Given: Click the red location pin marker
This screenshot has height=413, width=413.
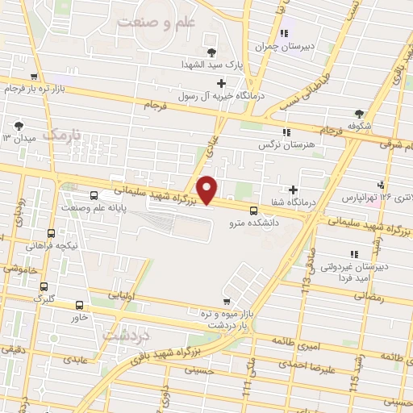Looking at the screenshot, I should tap(207, 190).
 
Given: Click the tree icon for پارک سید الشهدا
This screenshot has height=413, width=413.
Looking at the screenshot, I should tap(211, 52).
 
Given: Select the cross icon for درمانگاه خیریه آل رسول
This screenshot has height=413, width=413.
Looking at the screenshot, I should tap(221, 82).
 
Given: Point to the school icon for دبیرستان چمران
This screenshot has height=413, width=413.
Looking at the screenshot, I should tap(283, 33).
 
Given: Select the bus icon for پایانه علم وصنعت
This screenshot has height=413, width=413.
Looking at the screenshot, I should tap(94, 196).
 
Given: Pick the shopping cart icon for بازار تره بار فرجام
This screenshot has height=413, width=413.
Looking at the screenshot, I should tap(32, 78).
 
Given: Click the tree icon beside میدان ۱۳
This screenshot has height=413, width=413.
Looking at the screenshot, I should tap(18, 126).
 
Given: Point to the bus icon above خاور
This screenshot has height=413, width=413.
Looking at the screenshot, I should tap(79, 305).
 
